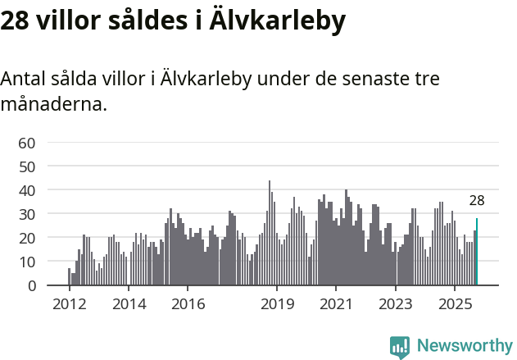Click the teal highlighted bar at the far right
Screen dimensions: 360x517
[x=477, y=252]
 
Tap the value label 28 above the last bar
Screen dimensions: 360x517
[x=477, y=201]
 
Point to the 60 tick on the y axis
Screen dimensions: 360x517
[x=27, y=143]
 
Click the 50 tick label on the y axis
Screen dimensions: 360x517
[x=27, y=166]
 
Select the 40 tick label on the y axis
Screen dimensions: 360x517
[x=27, y=190]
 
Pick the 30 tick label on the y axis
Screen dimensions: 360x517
[x=27, y=214]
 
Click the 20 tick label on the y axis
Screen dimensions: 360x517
[x=27, y=238]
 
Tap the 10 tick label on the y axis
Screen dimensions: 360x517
[x=27, y=262]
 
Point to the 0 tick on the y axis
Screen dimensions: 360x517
[x=31, y=285]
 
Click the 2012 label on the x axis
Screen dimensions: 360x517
[x=69, y=304]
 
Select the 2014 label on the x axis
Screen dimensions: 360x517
[x=128, y=304]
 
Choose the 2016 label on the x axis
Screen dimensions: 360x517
[x=188, y=304]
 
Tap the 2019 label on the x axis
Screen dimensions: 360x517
[x=277, y=304]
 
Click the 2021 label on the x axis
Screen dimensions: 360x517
[x=336, y=304]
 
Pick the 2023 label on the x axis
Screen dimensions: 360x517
[x=396, y=304]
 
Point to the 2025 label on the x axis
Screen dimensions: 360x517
[x=456, y=304]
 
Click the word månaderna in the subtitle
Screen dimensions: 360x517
[x=53, y=105]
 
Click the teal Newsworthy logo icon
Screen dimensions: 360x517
[x=400, y=347]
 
